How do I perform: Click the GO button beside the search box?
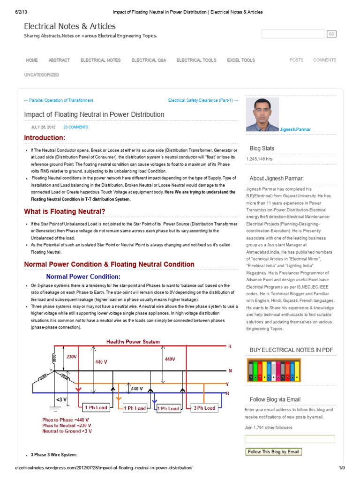click(x=331, y=34)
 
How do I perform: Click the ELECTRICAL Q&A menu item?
click(x=148, y=60)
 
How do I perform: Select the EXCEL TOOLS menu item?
click(x=241, y=60)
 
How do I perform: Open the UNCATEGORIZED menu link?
click(x=42, y=75)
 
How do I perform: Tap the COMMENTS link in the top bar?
click(x=324, y=60)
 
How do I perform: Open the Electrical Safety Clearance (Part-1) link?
click(x=203, y=100)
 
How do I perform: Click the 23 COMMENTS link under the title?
click(x=75, y=127)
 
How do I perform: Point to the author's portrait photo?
click(x=262, y=114)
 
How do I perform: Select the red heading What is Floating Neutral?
click(x=65, y=212)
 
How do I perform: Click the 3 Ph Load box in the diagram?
click(x=204, y=408)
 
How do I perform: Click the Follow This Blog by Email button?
click(x=273, y=452)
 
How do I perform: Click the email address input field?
click(x=290, y=439)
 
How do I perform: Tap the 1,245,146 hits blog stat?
click(x=259, y=159)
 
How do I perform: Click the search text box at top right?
click(x=293, y=34)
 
